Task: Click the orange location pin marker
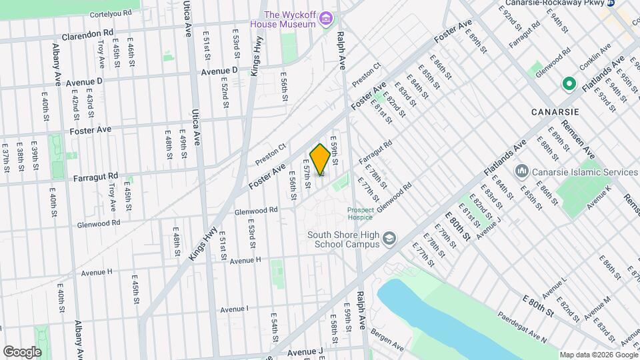pos(320,159)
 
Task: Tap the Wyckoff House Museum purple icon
pos(325,17)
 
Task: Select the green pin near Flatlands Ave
pos(569,84)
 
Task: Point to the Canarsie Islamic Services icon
pos(522,172)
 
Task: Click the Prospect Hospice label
pos(360,213)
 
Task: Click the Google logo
pos(21,351)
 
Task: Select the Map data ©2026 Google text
pos(598,354)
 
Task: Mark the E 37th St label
pos(5,161)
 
